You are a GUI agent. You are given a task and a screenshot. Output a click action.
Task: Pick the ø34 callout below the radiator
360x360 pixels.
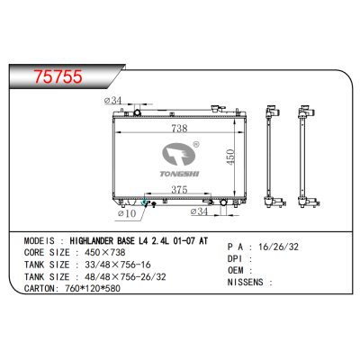click(201, 213)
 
